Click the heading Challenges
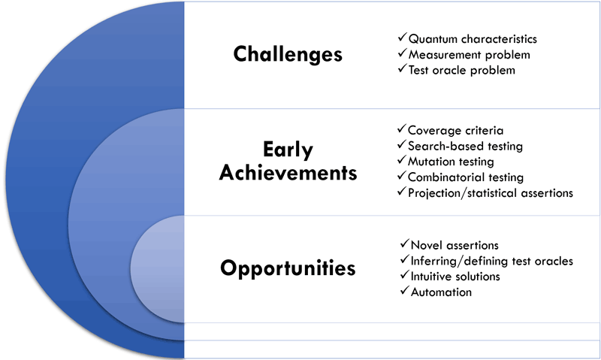(x=288, y=54)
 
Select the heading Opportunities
(x=288, y=268)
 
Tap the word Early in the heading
(x=288, y=150)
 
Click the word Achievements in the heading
(x=288, y=173)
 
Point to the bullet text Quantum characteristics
(x=473, y=39)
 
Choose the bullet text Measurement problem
(x=469, y=55)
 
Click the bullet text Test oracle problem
(x=462, y=70)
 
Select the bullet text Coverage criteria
(x=455, y=130)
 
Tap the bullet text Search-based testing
(x=465, y=146)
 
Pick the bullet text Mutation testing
(x=451, y=162)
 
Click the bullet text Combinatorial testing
(x=466, y=177)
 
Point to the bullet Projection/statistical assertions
(x=491, y=193)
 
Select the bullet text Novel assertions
(x=455, y=245)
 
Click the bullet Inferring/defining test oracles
(x=492, y=261)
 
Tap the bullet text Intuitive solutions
(x=455, y=277)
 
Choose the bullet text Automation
(x=441, y=292)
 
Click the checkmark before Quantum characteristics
(x=402, y=37)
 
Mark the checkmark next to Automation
(x=404, y=290)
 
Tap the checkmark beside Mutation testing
(x=401, y=159)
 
